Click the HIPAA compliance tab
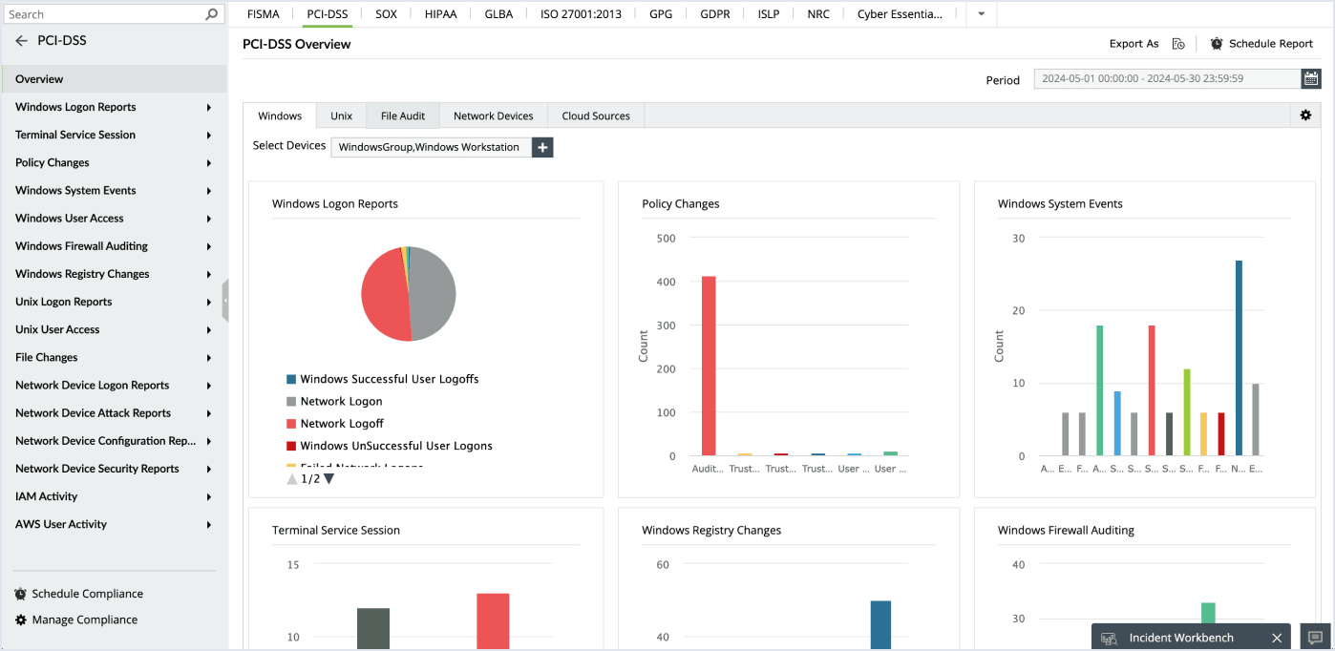coord(440,14)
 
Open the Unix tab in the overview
coord(341,115)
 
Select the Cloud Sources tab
coord(595,115)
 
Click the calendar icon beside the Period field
coord(1311,79)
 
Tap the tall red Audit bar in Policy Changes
coord(709,366)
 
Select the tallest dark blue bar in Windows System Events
coord(1239,358)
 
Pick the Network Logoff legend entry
coord(341,424)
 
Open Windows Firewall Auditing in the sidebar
coord(81,246)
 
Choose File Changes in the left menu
coord(47,357)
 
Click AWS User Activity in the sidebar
coord(61,524)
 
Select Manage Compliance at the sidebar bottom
coord(84,619)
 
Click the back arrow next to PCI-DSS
coord(21,41)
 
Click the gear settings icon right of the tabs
coord(1305,115)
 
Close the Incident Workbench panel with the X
coord(1277,638)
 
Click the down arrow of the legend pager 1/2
coord(329,479)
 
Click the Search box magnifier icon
coord(212,14)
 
